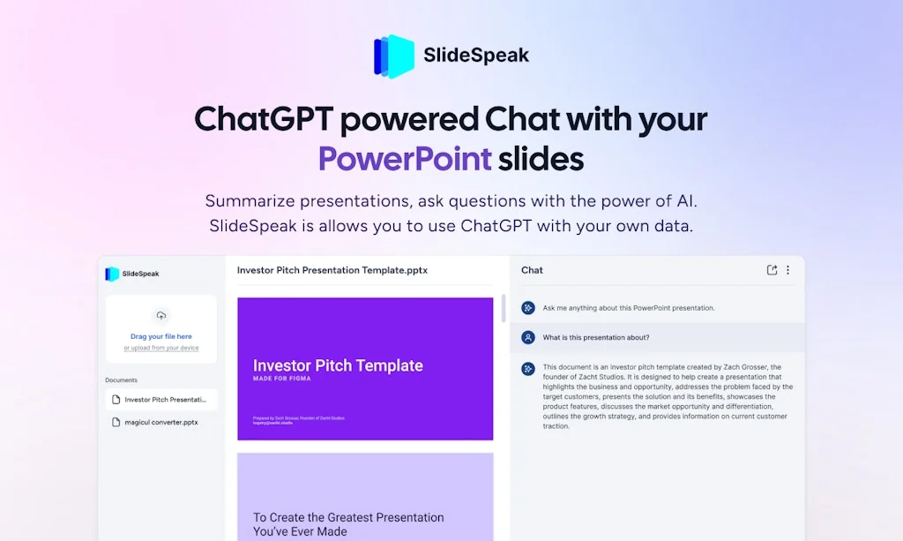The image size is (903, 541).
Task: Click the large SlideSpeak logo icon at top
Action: tap(393, 56)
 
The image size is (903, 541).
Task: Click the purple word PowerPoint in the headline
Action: tap(405, 159)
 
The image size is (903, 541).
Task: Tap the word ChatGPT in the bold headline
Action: tap(262, 118)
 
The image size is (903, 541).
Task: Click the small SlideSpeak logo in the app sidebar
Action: tap(112, 274)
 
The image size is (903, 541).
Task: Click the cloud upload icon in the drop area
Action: tap(160, 316)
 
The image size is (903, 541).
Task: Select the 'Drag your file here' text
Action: tap(160, 336)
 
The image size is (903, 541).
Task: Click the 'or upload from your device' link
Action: tap(160, 348)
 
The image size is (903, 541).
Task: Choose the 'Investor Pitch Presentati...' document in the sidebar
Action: tap(166, 400)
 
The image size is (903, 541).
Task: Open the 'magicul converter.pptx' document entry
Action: tap(160, 422)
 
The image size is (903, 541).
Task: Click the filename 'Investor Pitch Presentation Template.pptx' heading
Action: tap(332, 270)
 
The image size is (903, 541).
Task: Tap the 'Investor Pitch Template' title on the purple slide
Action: tap(338, 365)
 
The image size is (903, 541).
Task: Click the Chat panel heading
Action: tap(532, 270)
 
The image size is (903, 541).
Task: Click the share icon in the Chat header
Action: tap(772, 270)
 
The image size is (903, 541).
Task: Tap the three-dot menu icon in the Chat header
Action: tap(787, 270)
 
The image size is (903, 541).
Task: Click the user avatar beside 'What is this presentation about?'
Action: tap(528, 337)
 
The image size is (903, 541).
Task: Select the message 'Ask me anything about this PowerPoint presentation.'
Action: tap(629, 308)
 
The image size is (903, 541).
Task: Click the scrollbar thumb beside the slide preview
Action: tap(503, 309)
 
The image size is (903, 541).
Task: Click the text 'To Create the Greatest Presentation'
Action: tap(348, 517)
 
